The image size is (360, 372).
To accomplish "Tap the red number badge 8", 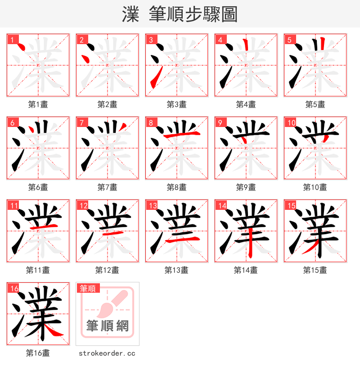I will tap(151, 123).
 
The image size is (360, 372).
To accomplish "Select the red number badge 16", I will tap(13, 289).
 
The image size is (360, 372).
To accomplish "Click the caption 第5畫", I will tap(315, 104).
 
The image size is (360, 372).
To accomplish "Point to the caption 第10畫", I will tap(315, 187).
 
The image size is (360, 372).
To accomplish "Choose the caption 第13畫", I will tap(176, 270).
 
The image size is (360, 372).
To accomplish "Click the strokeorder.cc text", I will tap(107, 354).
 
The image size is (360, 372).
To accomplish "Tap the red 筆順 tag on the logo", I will tap(88, 288).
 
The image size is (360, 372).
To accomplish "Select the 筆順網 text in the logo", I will tap(108, 326).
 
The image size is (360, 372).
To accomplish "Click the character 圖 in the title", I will tap(229, 14).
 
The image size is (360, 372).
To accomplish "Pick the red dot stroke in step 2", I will tap(85, 58).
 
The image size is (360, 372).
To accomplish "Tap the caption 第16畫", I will tap(38, 354).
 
